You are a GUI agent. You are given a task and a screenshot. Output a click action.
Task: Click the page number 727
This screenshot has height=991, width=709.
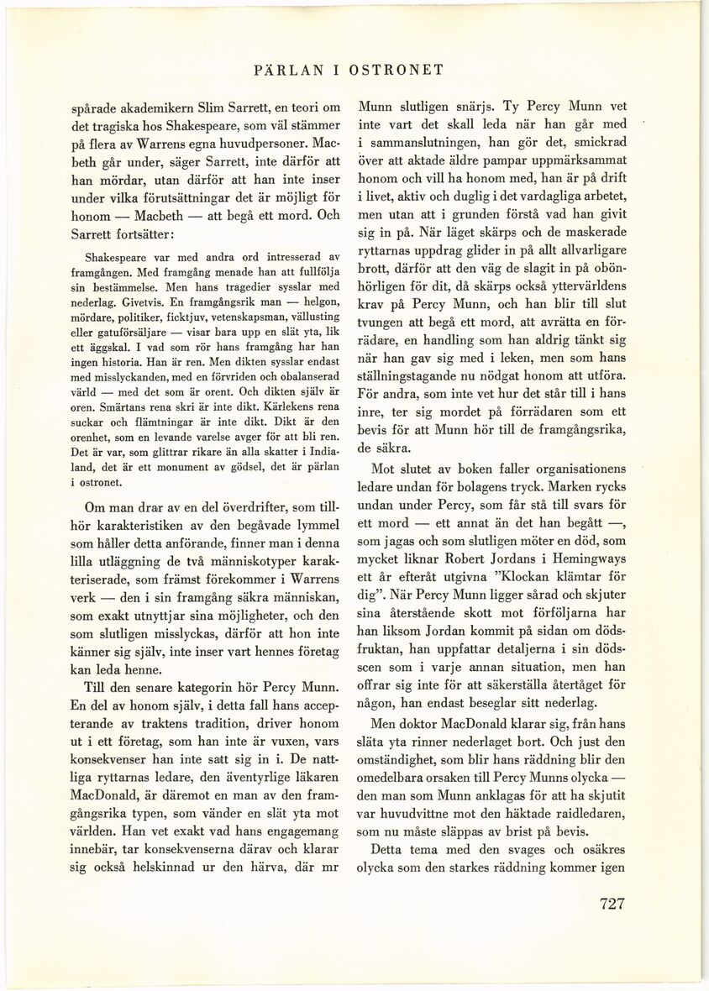612,904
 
